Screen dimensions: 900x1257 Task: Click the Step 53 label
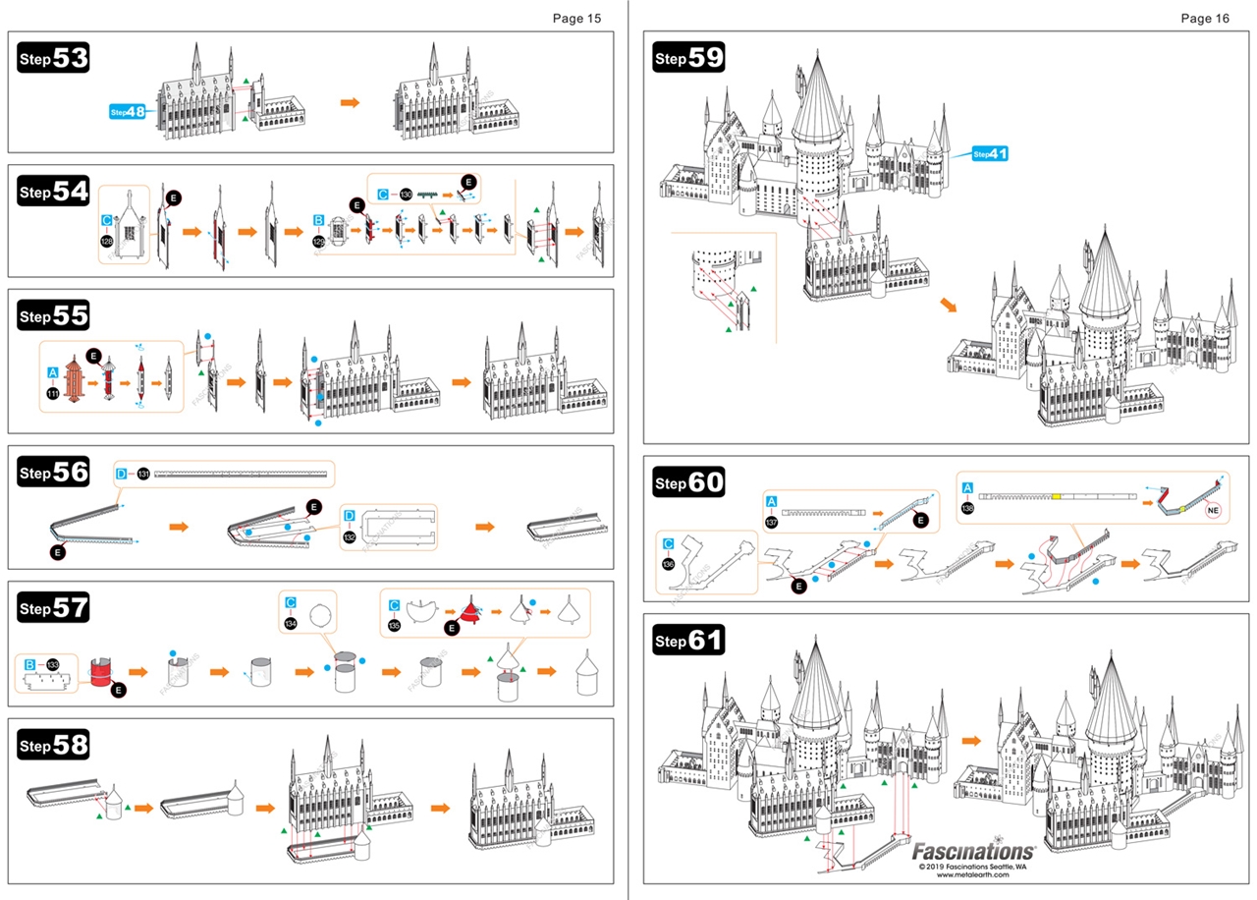tap(53, 59)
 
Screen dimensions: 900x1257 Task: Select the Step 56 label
tap(53, 473)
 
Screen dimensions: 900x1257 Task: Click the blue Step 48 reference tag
tap(128, 111)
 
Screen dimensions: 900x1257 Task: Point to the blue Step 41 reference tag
tap(990, 154)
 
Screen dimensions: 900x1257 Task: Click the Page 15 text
tap(576, 18)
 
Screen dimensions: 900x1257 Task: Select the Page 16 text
tap(1205, 18)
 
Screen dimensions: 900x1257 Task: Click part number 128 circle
tap(107, 241)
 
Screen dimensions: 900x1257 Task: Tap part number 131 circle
tap(143, 474)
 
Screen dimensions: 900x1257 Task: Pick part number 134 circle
tap(291, 623)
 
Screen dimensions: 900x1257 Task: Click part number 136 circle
tap(669, 564)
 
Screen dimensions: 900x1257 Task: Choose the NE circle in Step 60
tap(1214, 511)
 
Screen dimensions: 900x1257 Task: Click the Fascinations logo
tap(973, 850)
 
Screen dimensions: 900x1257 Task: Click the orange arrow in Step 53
tap(350, 102)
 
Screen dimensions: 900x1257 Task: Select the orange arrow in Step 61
tap(971, 740)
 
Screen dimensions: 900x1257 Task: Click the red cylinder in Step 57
tap(102, 675)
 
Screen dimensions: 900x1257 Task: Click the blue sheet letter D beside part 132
tap(349, 516)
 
